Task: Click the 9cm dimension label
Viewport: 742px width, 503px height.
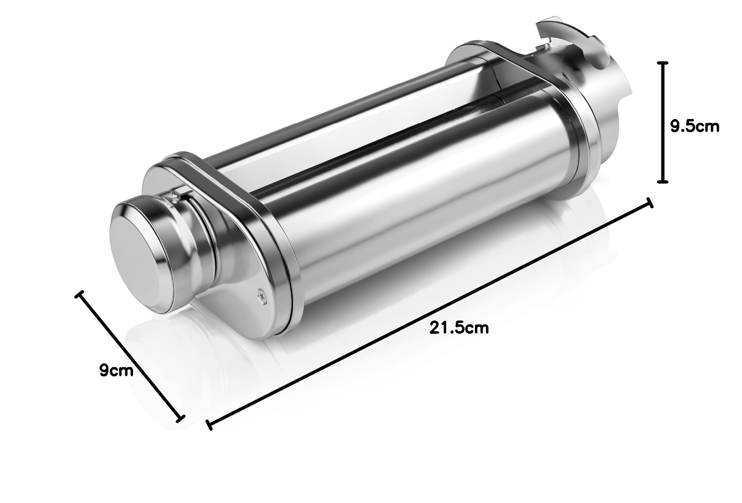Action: click(x=116, y=371)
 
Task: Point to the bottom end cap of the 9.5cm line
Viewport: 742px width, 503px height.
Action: click(x=662, y=181)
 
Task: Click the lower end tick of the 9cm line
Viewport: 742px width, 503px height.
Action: click(x=180, y=419)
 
